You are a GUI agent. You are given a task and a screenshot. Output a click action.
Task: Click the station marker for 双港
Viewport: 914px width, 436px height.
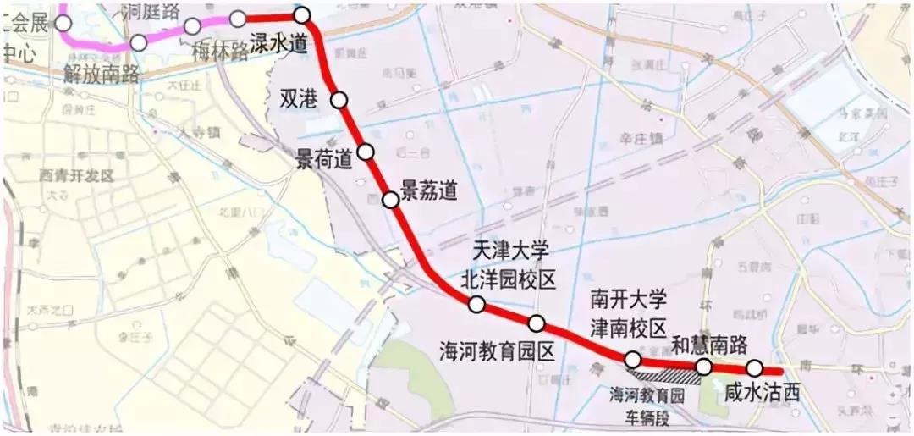[x=339, y=100]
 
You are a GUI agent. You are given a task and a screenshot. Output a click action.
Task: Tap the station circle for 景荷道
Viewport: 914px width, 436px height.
[x=366, y=152]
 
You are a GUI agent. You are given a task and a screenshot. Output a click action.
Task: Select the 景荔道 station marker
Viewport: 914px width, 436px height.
[x=390, y=200]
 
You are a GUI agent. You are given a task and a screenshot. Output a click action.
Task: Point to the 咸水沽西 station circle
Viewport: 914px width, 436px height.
[x=754, y=367]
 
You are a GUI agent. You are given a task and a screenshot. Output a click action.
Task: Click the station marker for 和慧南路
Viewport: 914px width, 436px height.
[x=703, y=366]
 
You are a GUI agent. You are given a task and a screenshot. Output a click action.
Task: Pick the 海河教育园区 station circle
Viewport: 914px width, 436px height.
[x=537, y=323]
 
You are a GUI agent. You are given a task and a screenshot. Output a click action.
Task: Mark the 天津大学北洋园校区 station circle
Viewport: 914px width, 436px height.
[x=476, y=305]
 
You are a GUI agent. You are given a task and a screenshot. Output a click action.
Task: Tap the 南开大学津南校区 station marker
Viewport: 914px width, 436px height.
[x=632, y=360]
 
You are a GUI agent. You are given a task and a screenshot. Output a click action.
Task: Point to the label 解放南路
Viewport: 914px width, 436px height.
[x=101, y=73]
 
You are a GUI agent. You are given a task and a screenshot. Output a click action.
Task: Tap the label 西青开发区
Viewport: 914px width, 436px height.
[x=76, y=175]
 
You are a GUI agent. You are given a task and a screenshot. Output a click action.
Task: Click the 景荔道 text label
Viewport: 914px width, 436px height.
[x=429, y=190]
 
